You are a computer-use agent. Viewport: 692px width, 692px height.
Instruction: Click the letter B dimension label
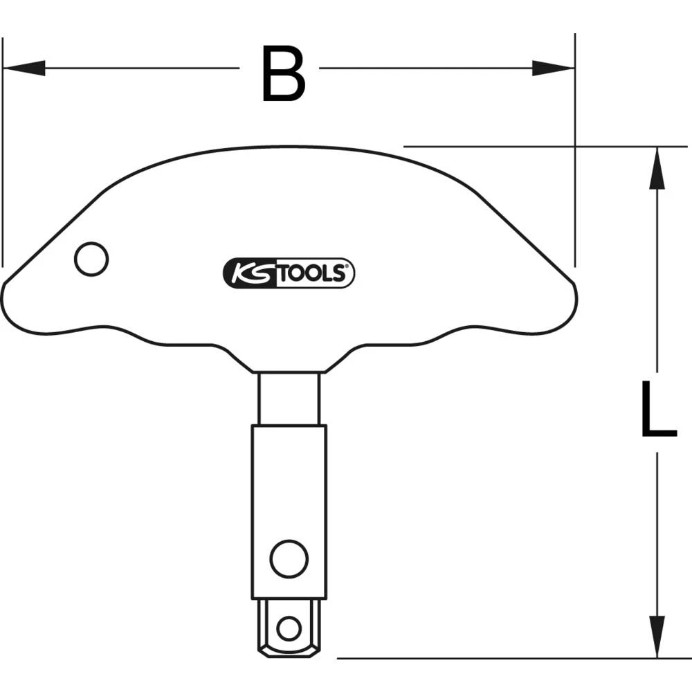point(283,73)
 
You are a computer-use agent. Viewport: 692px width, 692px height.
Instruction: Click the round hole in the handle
point(91,259)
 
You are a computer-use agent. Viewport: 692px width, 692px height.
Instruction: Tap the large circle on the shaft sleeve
point(289,558)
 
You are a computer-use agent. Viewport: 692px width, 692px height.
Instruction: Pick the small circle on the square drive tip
point(289,628)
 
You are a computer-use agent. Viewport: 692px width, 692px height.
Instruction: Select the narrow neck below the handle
point(289,398)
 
